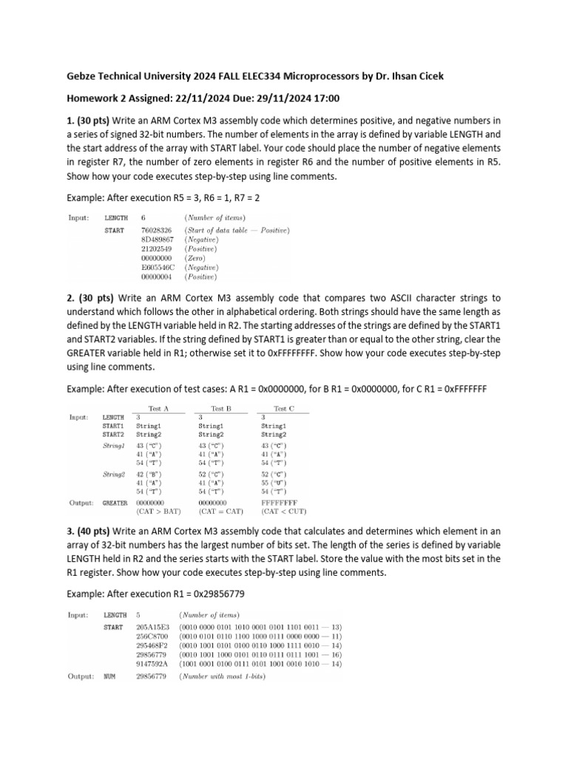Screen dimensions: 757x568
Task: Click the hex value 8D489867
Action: coord(157,240)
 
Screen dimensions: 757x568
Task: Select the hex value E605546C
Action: coord(157,268)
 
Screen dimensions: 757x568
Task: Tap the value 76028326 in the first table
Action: coord(157,230)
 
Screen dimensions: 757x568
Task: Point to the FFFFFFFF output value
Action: coord(278,502)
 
